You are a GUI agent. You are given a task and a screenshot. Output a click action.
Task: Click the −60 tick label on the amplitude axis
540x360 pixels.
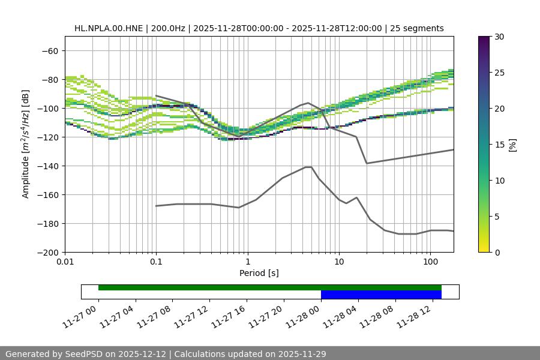[49, 50]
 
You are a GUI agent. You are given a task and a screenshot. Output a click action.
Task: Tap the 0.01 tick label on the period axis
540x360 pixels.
[65, 262]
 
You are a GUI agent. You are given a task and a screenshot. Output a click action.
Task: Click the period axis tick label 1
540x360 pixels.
[247, 262]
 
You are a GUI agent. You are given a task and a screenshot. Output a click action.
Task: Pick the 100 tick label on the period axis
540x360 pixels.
[430, 262]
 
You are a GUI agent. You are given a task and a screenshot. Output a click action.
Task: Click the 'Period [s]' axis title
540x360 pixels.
[259, 274]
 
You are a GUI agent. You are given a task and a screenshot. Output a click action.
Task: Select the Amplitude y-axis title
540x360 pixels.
[26, 144]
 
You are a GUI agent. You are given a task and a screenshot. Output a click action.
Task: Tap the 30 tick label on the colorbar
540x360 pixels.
[499, 37]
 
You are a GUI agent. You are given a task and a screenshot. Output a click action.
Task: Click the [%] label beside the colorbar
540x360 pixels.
[512, 145]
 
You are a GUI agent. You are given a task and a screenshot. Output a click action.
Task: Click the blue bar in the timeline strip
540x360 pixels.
[381, 295]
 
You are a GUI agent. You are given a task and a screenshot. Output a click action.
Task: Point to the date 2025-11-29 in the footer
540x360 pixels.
[298, 354]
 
